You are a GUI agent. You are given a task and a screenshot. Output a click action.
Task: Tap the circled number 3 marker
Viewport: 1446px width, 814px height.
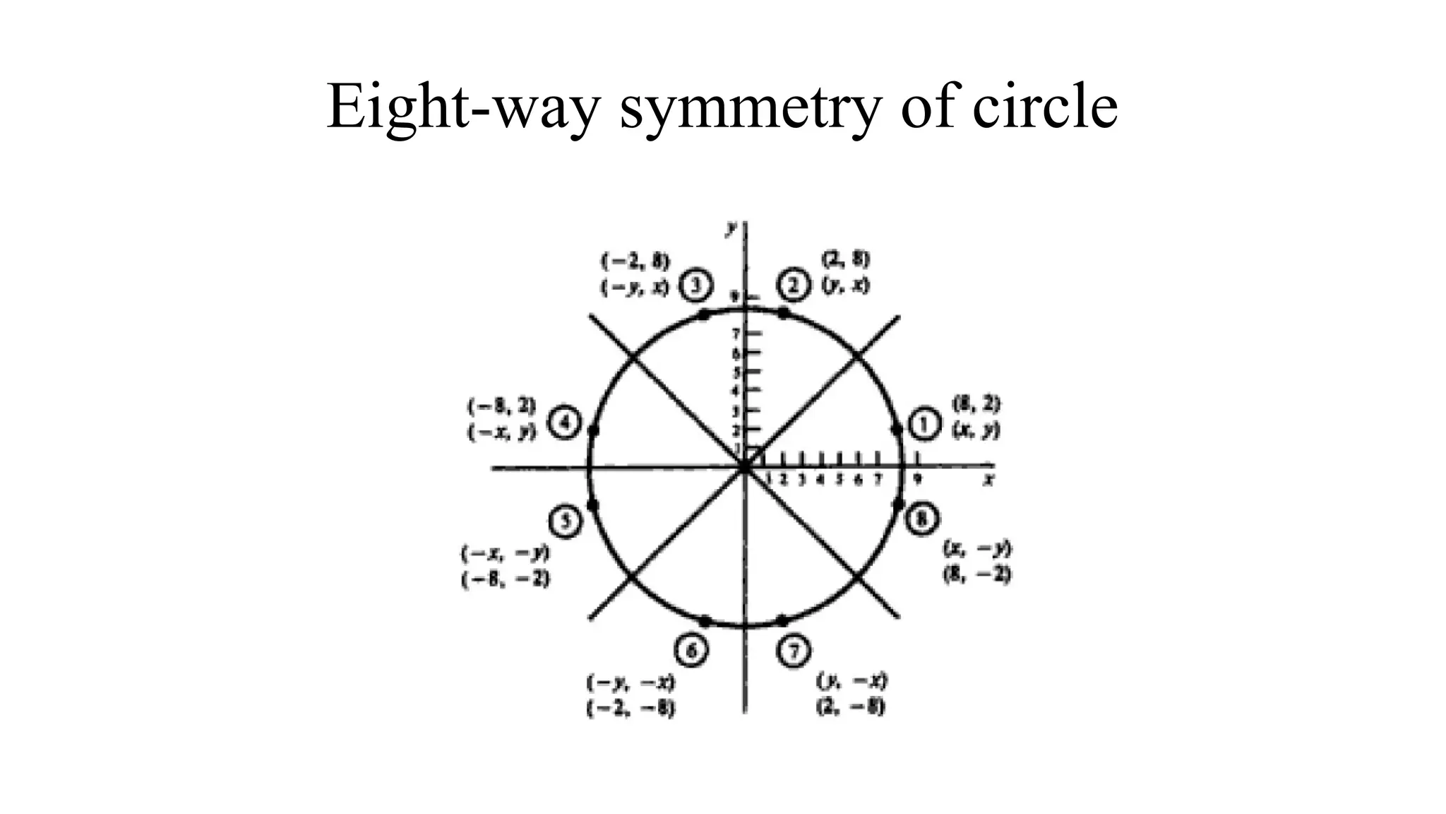(x=696, y=285)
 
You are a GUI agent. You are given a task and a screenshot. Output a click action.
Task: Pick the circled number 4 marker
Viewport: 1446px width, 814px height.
(x=565, y=424)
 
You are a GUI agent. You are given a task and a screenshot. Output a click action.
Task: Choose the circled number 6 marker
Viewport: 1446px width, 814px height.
(x=691, y=651)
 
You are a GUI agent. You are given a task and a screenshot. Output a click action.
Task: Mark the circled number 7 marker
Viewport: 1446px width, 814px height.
(x=794, y=651)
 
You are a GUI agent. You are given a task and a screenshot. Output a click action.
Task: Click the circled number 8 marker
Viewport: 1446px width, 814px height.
(x=923, y=519)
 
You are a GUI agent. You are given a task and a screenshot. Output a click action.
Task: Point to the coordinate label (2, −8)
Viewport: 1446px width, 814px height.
(x=851, y=707)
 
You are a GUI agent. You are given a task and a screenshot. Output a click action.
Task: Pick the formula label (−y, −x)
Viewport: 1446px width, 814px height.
(x=631, y=683)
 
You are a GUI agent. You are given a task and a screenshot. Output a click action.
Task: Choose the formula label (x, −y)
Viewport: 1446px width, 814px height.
(x=978, y=548)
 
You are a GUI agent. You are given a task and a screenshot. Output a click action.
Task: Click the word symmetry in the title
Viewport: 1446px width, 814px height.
(x=751, y=107)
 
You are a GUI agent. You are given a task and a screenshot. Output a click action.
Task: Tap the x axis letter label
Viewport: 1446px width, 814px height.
(x=989, y=480)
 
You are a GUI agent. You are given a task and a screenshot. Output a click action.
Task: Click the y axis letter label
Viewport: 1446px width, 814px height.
(x=732, y=228)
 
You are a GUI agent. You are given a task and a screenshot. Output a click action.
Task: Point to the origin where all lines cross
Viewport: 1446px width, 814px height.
(x=745, y=466)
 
